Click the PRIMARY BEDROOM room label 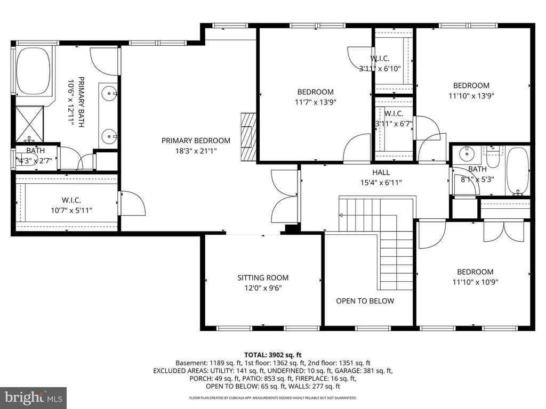point(196,141)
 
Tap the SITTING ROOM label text point(263,277)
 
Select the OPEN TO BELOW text point(365,301)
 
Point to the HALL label point(381,172)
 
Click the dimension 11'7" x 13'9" point(316,102)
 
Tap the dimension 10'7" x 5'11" point(71,210)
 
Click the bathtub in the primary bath point(33,72)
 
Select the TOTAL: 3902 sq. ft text point(273,354)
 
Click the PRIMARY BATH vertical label point(76,101)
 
